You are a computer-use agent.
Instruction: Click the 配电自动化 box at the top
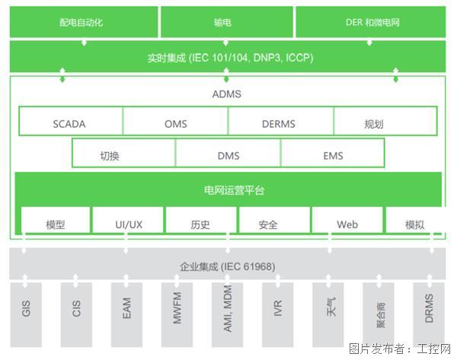[x=82, y=23]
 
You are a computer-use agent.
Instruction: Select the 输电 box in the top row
[x=225, y=23]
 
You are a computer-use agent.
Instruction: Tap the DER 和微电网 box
[x=369, y=23]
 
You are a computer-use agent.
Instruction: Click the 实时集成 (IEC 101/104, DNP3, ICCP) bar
[x=225, y=57]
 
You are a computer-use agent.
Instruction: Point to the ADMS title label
[x=225, y=95]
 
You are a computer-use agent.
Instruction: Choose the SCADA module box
[x=70, y=123]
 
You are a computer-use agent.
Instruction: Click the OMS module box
[x=175, y=123]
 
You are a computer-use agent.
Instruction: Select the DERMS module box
[x=280, y=123]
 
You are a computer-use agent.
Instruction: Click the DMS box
[x=228, y=155]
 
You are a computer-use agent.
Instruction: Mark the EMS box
[x=332, y=155]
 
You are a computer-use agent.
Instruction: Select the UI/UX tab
[x=127, y=225]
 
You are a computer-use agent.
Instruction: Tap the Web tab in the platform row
[x=347, y=225]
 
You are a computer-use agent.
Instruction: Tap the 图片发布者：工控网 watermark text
[x=399, y=349]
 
